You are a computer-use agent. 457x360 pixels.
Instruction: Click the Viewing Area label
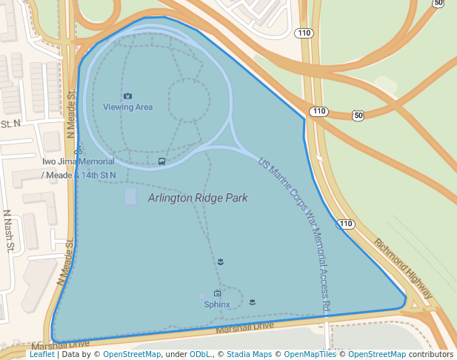(127, 107)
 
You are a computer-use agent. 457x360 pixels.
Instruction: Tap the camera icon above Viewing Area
(127, 96)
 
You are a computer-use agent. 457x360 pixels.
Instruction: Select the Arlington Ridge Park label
(197, 199)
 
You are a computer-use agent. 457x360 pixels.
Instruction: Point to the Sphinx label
(217, 304)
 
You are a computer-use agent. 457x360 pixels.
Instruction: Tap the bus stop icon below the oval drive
(161, 161)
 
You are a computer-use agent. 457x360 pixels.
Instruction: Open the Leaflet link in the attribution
(41, 355)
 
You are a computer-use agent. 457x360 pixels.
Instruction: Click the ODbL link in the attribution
(200, 355)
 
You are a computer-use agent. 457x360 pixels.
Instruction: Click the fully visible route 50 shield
(358, 115)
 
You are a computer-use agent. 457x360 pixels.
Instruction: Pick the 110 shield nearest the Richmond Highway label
(346, 224)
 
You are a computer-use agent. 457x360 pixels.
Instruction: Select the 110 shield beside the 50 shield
(318, 112)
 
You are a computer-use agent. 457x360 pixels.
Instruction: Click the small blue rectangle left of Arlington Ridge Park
(131, 197)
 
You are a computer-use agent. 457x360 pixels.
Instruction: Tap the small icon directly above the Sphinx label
(217, 293)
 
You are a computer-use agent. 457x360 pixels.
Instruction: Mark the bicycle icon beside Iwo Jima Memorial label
(79, 151)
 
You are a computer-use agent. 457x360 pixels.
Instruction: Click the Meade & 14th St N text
(79, 176)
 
